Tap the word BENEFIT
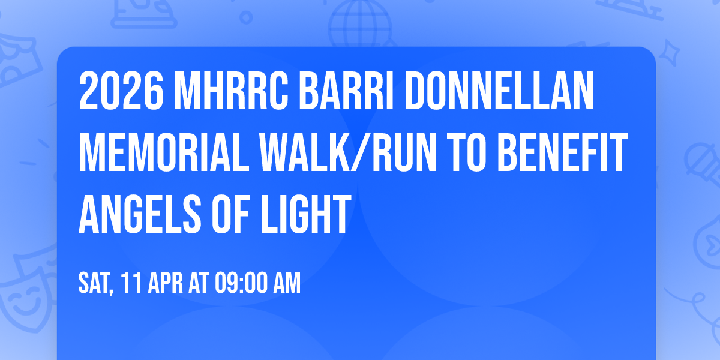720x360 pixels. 563,155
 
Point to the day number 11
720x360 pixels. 131,283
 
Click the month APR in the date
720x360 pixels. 166,283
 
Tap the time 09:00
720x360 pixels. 243,283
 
